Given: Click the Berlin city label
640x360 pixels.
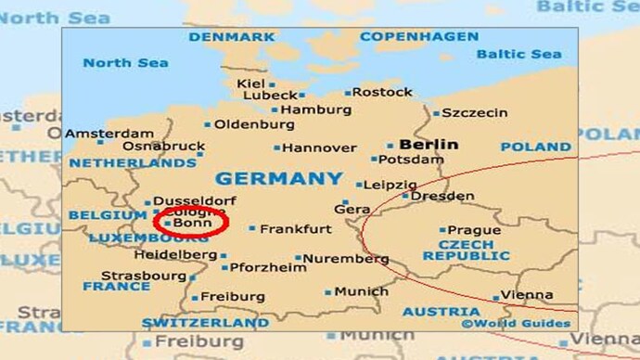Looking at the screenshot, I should (x=429, y=145).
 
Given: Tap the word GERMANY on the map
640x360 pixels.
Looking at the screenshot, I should (x=278, y=178).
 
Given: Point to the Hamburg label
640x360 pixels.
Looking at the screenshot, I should (x=315, y=109).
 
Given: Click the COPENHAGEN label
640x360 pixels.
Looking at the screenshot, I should (x=419, y=37).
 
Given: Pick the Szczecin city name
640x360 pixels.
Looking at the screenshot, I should (x=475, y=113).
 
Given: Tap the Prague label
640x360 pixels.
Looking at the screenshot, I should (x=473, y=230).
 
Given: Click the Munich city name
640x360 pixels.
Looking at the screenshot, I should (x=361, y=291).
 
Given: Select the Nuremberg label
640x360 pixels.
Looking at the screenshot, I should (x=346, y=259).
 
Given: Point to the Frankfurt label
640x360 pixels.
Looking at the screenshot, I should (x=295, y=229).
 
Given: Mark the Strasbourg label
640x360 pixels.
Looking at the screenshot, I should (x=144, y=276).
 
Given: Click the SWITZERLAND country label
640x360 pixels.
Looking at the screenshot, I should (x=206, y=323).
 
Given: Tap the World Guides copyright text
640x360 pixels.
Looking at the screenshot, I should (x=516, y=324).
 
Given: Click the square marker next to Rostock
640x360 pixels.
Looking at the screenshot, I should (x=348, y=93).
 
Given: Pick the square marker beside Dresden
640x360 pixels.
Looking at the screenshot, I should (x=405, y=196).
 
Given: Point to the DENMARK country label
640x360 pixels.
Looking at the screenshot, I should (x=232, y=37).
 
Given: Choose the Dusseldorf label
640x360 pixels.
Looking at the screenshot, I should (x=195, y=200).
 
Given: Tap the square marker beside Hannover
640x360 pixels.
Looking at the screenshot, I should (x=276, y=148).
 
